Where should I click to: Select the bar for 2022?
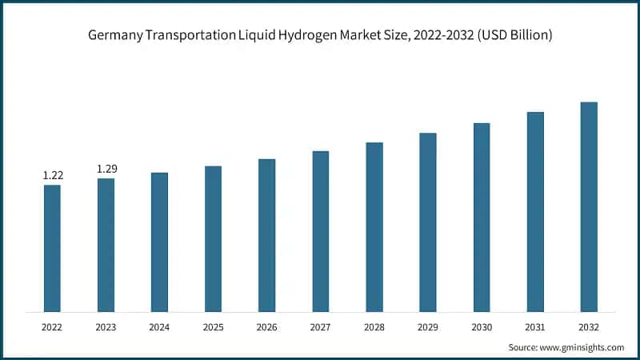(x=52, y=248)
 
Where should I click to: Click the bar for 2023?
(x=106, y=245)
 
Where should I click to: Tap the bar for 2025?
(x=213, y=238)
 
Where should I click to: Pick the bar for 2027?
(x=321, y=231)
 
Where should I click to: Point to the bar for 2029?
(x=428, y=222)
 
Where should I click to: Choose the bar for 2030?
(x=482, y=217)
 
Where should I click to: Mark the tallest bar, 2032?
(x=589, y=206)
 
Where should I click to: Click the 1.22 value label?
(x=52, y=175)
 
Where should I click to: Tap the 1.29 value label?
(x=106, y=169)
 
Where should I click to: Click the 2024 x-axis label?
(x=159, y=327)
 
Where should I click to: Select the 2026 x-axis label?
(x=266, y=327)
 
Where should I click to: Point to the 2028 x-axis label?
(x=374, y=327)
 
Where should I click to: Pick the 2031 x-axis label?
(x=535, y=327)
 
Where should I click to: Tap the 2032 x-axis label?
(x=589, y=327)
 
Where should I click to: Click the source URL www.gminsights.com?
(x=582, y=347)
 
